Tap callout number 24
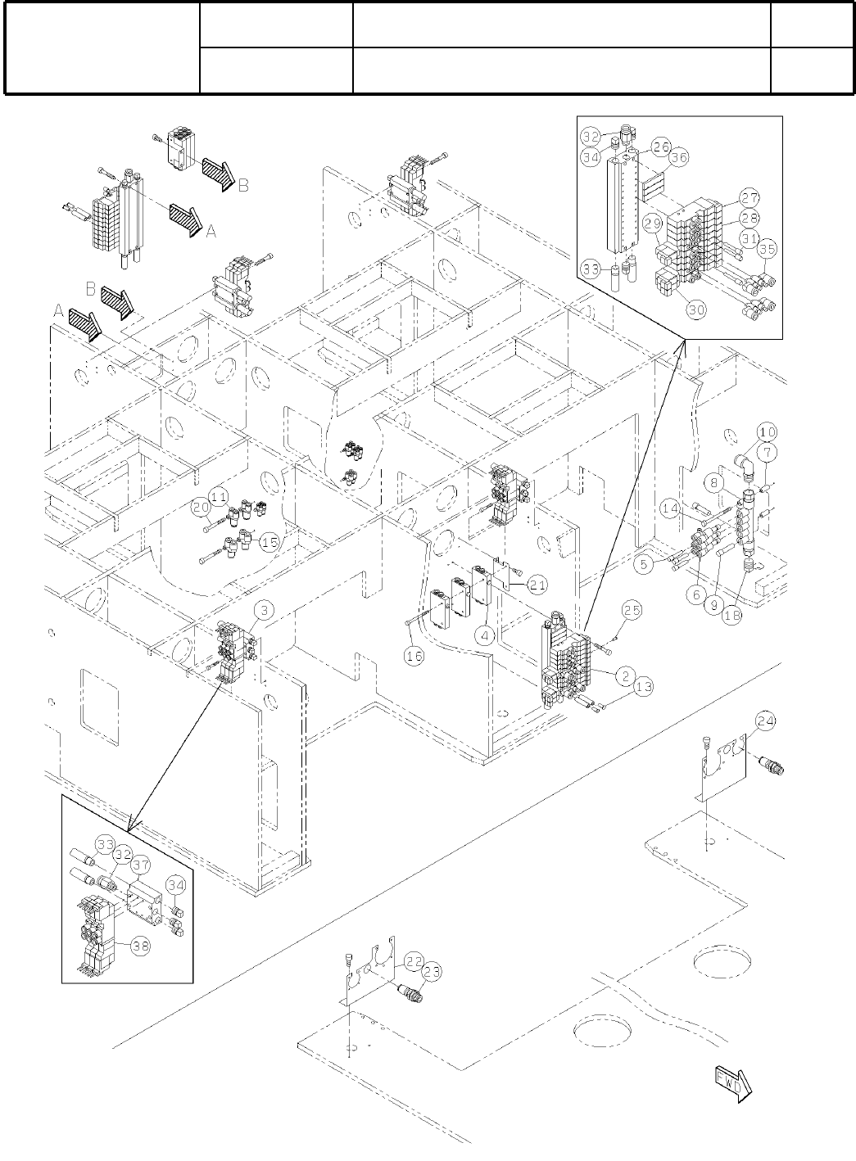(765, 721)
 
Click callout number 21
(537, 585)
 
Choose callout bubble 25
(631, 610)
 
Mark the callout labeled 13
(644, 687)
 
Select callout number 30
(695, 310)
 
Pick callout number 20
(202, 507)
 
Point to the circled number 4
(485, 635)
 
